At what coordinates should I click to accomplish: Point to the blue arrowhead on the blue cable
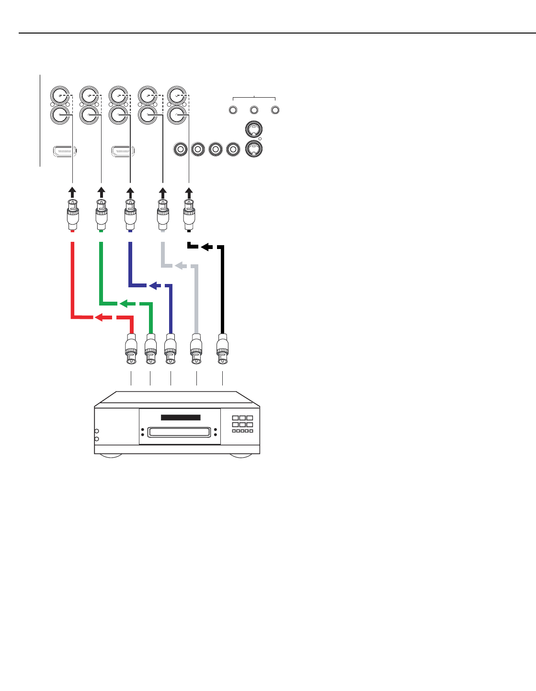tap(154, 286)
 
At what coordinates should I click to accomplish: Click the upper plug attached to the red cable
tap(72, 213)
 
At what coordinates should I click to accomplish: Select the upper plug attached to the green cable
tap(101, 213)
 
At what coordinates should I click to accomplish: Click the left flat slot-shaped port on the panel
tap(65, 151)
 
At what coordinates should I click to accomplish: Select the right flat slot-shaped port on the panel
tap(123, 151)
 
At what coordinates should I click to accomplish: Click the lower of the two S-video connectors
tap(253, 149)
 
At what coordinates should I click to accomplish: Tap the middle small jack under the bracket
tap(254, 110)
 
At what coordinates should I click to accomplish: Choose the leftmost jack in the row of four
tap(181, 149)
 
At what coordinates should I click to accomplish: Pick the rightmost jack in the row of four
tap(233, 149)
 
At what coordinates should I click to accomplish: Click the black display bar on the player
tap(181, 418)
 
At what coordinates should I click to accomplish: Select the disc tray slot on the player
tap(180, 432)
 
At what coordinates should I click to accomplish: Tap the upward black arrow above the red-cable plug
tap(72, 193)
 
